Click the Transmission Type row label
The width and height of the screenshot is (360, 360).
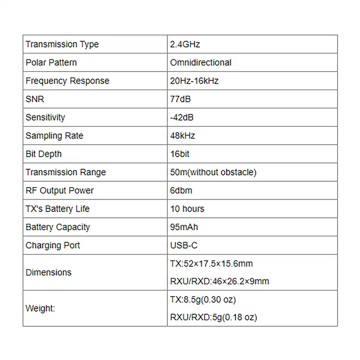tap(62, 44)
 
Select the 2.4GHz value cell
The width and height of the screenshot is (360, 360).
tap(185, 44)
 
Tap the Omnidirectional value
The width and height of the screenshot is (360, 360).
tap(201, 63)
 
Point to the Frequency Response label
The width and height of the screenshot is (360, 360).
tap(67, 81)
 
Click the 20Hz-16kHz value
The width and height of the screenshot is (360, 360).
tap(194, 81)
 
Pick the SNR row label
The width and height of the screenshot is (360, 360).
tap(35, 99)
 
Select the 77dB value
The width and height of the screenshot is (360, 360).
tap(180, 99)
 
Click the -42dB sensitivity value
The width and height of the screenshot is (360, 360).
tap(182, 117)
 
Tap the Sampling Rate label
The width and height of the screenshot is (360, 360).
tap(54, 135)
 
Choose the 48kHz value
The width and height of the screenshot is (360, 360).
tap(183, 135)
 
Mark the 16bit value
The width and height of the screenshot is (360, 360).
tap(180, 154)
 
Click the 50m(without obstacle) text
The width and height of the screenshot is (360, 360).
tap(213, 172)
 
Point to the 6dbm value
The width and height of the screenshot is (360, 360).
tap(181, 190)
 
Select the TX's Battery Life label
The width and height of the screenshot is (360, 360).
tap(58, 209)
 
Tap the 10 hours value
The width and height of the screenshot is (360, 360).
tap(187, 209)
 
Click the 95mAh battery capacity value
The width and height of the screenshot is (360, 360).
tap(184, 227)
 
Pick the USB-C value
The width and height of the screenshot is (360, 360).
tap(184, 245)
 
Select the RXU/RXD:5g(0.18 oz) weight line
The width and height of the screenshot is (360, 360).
tap(214, 317)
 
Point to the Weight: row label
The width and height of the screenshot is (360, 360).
tap(40, 309)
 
